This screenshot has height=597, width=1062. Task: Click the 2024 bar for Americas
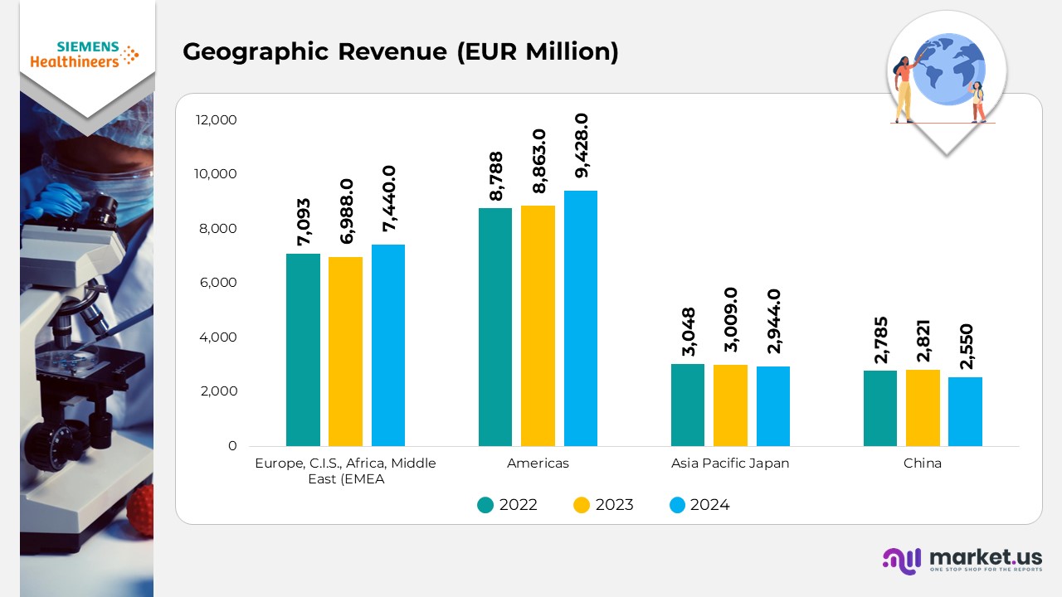(x=580, y=318)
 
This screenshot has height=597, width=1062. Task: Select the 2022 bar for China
(x=879, y=408)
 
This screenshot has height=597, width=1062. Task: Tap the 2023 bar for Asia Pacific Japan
(x=730, y=405)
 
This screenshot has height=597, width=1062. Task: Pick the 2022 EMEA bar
(x=303, y=350)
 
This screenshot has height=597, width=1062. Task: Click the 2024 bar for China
(x=965, y=411)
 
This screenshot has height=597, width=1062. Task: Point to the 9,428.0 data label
(x=582, y=146)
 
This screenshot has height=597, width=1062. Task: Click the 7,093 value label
(x=304, y=222)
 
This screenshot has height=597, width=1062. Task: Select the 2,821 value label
(x=923, y=340)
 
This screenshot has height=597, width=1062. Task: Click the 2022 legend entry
(x=508, y=505)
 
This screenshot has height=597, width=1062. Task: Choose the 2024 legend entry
(x=699, y=505)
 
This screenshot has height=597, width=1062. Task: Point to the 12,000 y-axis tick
(x=216, y=120)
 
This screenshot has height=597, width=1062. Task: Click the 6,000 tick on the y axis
(x=220, y=283)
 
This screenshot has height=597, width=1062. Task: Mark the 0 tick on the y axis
(x=232, y=446)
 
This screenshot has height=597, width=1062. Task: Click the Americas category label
(x=538, y=464)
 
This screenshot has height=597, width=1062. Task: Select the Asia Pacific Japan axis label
(x=730, y=464)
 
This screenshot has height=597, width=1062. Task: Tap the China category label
(x=923, y=464)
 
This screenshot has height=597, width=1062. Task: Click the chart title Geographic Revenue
(x=401, y=51)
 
